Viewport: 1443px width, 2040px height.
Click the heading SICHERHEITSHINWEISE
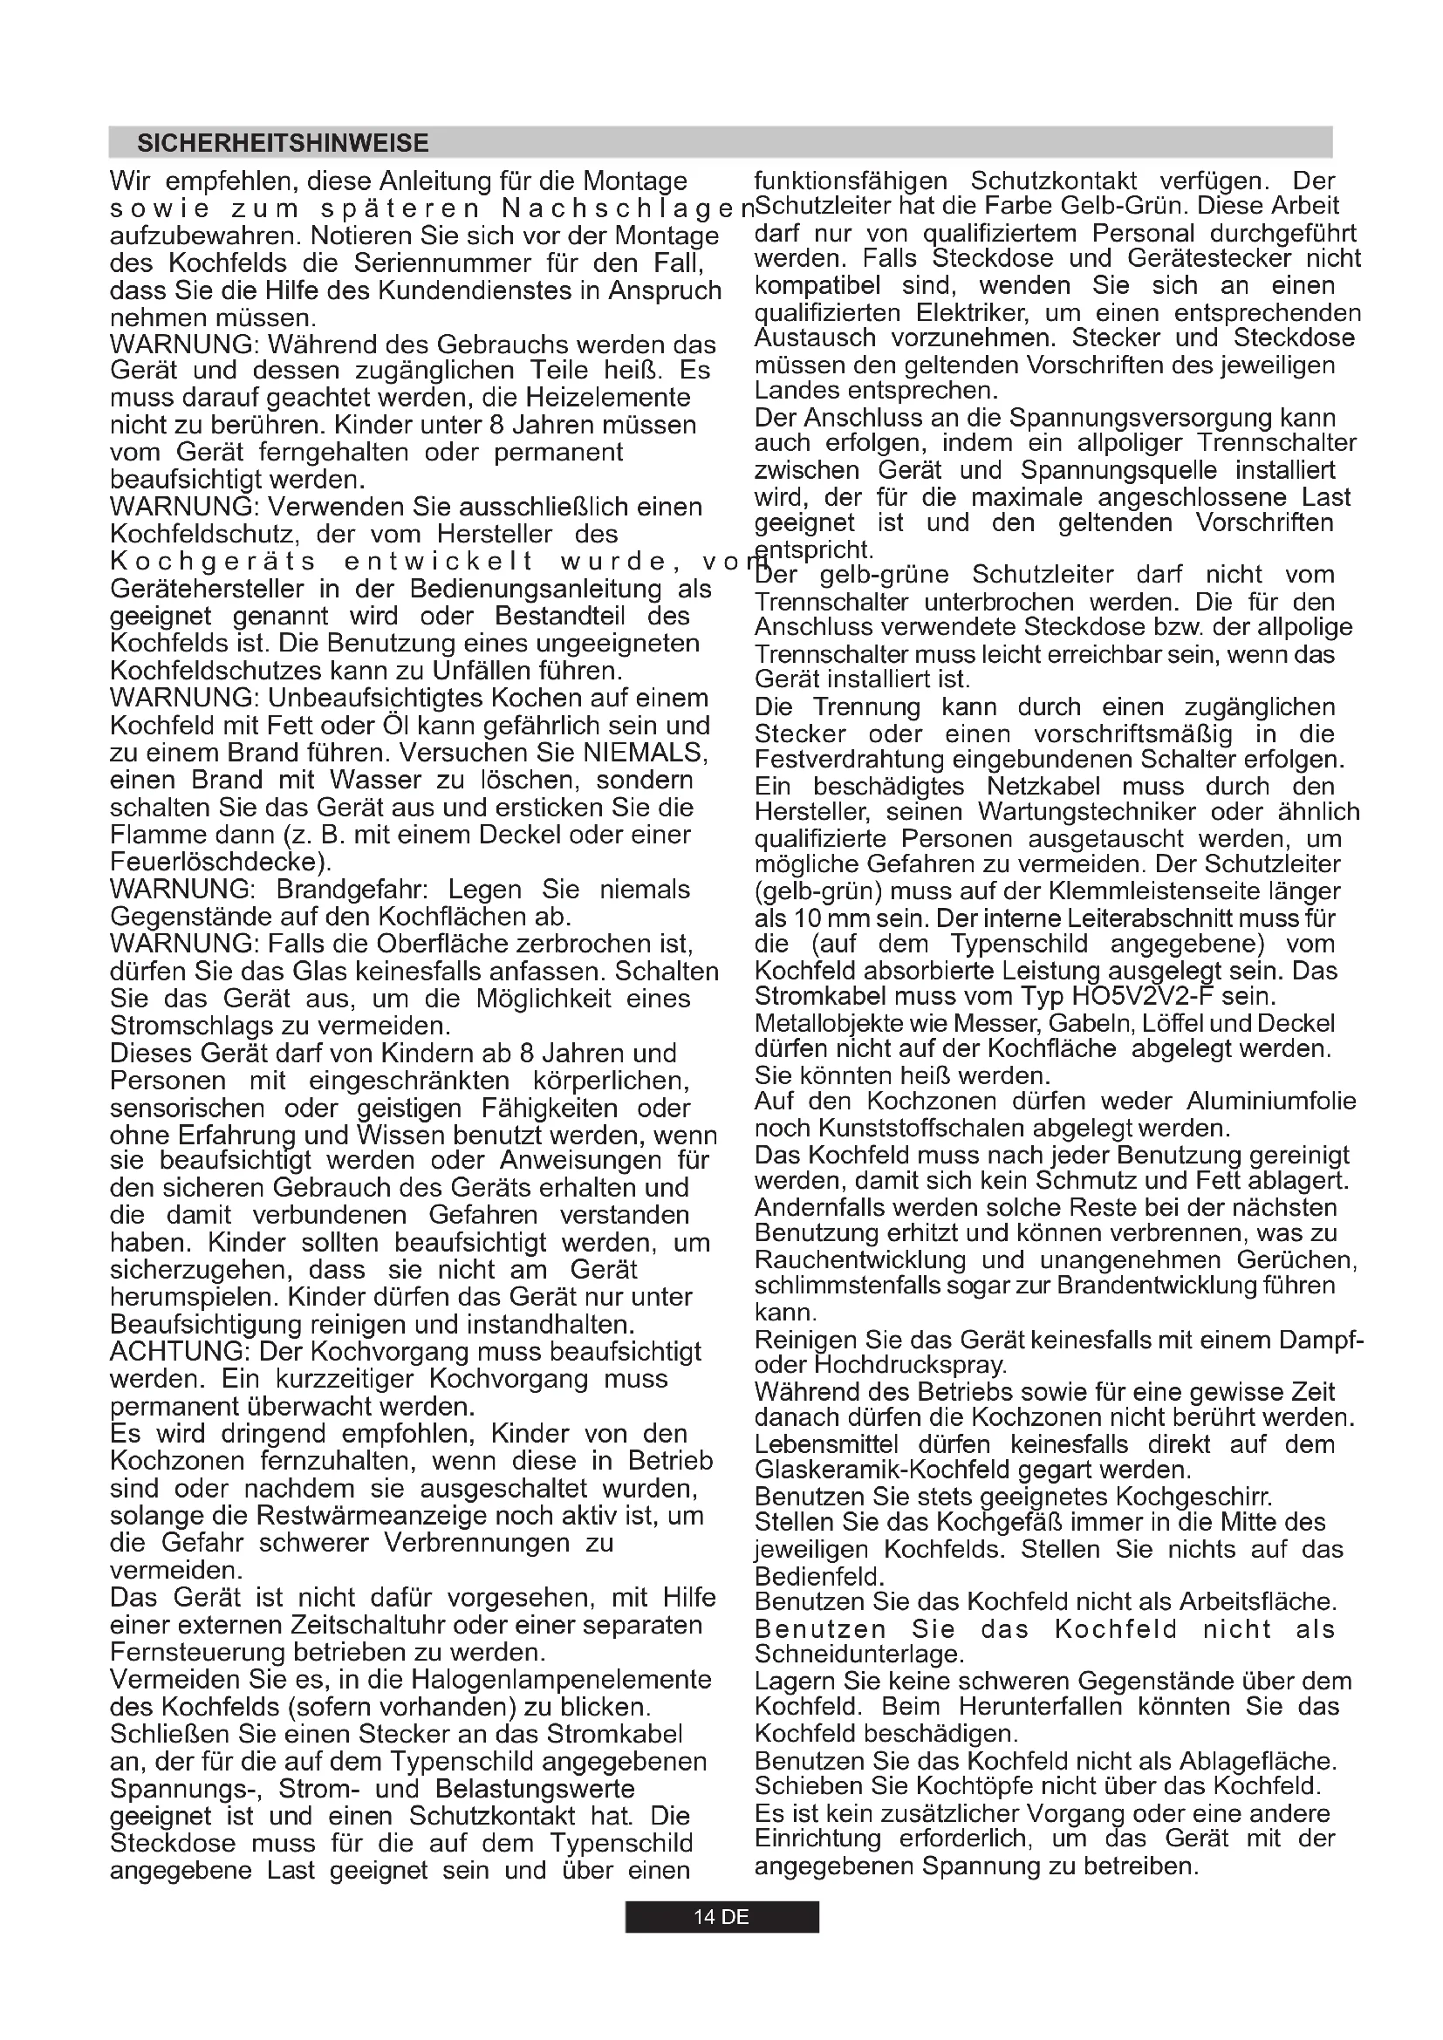(283, 143)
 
